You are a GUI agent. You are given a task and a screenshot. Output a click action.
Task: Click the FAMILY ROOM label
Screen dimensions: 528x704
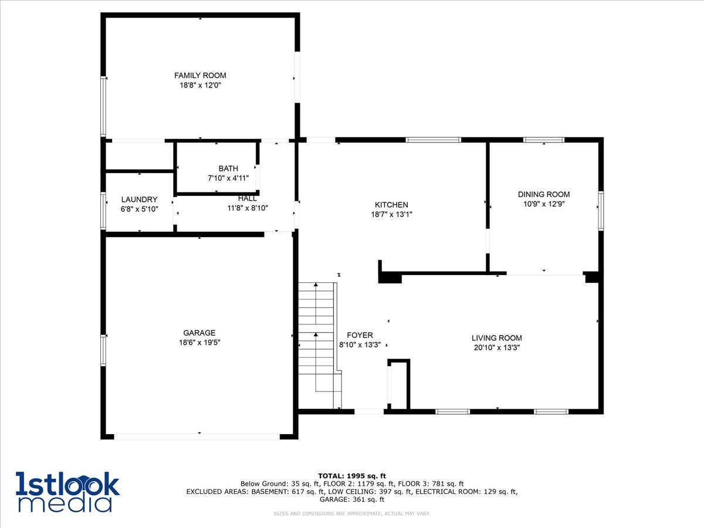coord(200,75)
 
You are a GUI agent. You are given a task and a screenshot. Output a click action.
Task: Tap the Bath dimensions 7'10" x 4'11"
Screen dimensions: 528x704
coord(228,178)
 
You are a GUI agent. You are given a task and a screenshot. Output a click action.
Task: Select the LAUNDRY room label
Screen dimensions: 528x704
coord(139,199)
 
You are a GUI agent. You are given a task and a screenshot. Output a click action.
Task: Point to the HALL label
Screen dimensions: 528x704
coord(248,198)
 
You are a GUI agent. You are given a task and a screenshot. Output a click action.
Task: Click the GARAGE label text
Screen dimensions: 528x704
coord(199,333)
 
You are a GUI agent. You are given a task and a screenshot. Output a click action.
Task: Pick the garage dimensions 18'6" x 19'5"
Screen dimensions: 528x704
coord(199,343)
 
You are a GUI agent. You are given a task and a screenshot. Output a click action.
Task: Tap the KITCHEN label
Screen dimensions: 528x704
coord(391,205)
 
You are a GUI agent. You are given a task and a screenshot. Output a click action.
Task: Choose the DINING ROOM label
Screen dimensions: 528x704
coord(543,194)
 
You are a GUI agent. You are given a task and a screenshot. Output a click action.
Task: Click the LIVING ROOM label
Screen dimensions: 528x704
coord(496,338)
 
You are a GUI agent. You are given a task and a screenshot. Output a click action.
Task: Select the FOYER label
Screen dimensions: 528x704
coord(360,335)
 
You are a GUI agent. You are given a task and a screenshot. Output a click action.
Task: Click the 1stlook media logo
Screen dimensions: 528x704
coord(67,491)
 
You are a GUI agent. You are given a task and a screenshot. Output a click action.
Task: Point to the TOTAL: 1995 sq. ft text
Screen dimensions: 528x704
coord(351,475)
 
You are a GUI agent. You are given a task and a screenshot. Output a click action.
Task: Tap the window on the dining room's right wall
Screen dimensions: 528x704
coord(600,209)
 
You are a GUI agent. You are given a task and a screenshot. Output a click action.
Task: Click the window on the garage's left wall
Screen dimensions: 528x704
coord(103,350)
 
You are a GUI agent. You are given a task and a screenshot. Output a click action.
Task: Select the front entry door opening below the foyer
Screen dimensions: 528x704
coord(369,412)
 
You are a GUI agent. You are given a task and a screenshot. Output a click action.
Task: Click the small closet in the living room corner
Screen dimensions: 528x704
coord(398,385)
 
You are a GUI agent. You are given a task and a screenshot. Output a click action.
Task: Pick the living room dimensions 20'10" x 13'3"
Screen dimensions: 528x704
coord(496,347)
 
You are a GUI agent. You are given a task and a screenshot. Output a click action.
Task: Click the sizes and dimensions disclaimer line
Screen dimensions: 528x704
coord(352,514)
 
